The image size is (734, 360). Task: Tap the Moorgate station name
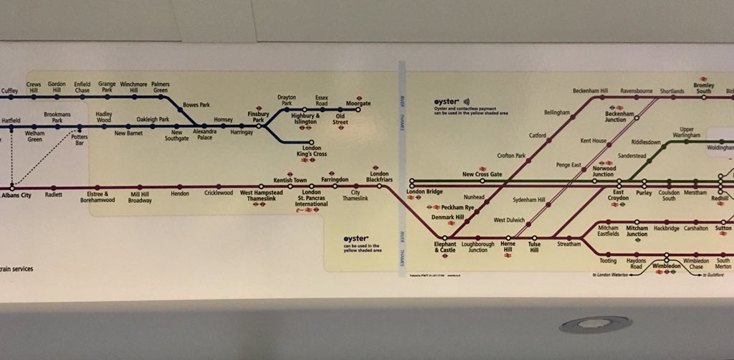358,103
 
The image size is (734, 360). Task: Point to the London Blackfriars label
378,176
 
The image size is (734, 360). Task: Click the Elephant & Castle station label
444,247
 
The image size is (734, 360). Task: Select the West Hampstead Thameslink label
260,196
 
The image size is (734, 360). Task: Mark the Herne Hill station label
507,247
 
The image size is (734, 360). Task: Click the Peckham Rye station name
459,207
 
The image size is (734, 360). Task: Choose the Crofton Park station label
510,156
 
